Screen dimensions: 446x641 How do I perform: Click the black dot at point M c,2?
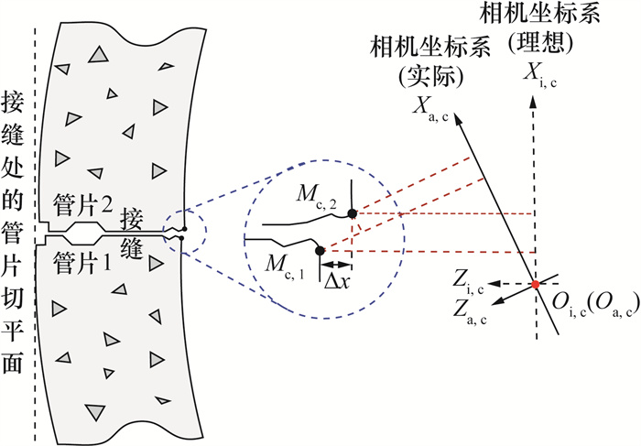pos(353,213)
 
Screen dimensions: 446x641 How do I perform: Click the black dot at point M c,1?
pos(320,251)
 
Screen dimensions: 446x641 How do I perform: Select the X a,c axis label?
pos(431,109)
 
